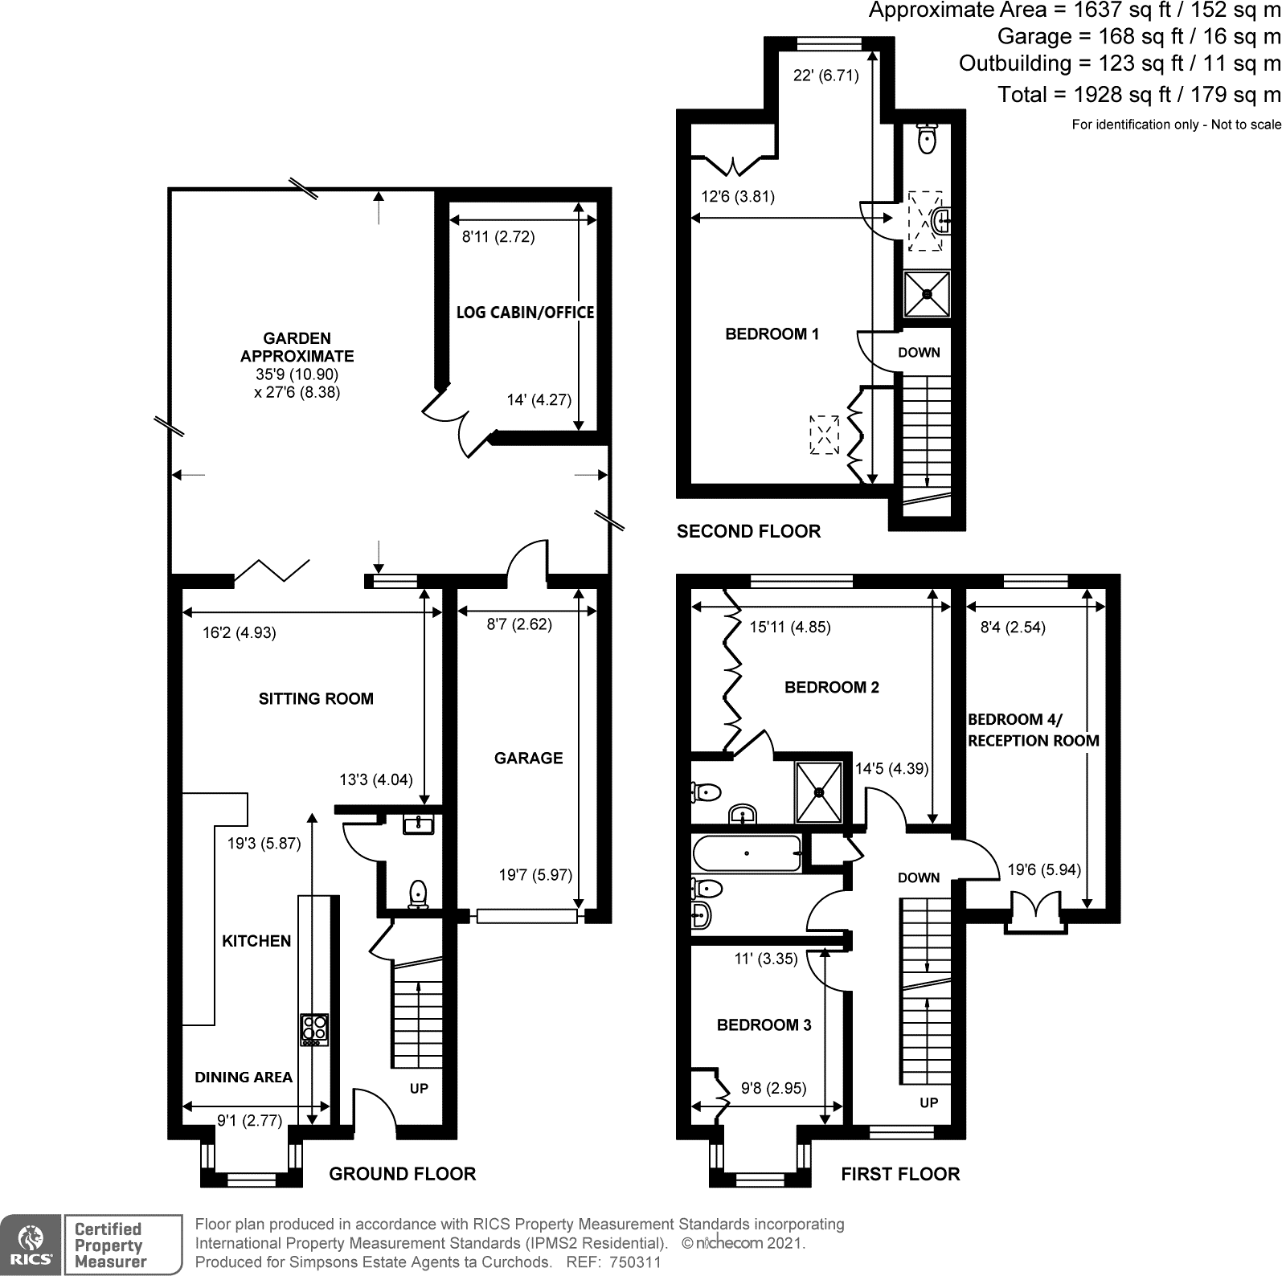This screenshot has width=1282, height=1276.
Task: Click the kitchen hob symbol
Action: pyautogui.click(x=314, y=1029)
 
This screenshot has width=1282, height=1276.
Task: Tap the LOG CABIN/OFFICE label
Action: pyautogui.click(x=525, y=313)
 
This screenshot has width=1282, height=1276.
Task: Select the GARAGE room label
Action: pyautogui.click(x=528, y=758)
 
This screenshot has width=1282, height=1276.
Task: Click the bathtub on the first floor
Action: pyautogui.click(x=747, y=853)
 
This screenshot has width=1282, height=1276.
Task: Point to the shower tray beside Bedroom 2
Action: pyautogui.click(x=819, y=791)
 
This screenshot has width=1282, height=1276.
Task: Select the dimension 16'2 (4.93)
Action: pyautogui.click(x=239, y=633)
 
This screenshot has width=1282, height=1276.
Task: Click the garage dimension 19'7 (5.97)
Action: pyautogui.click(x=535, y=875)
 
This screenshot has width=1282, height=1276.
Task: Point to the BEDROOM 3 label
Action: pyautogui.click(x=764, y=1025)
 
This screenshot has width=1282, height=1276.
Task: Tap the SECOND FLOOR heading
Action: pyautogui.click(x=748, y=531)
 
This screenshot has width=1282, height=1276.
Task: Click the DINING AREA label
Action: pyautogui.click(x=244, y=1078)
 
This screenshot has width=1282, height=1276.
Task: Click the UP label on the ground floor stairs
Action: pyautogui.click(x=419, y=1089)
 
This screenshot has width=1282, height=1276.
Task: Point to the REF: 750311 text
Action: pyautogui.click(x=613, y=1262)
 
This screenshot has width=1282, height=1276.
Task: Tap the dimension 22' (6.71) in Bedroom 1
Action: pyautogui.click(x=825, y=76)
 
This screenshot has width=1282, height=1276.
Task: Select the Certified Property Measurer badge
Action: pyautogui.click(x=122, y=1245)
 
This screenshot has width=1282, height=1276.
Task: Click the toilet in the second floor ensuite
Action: pyautogui.click(x=928, y=139)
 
